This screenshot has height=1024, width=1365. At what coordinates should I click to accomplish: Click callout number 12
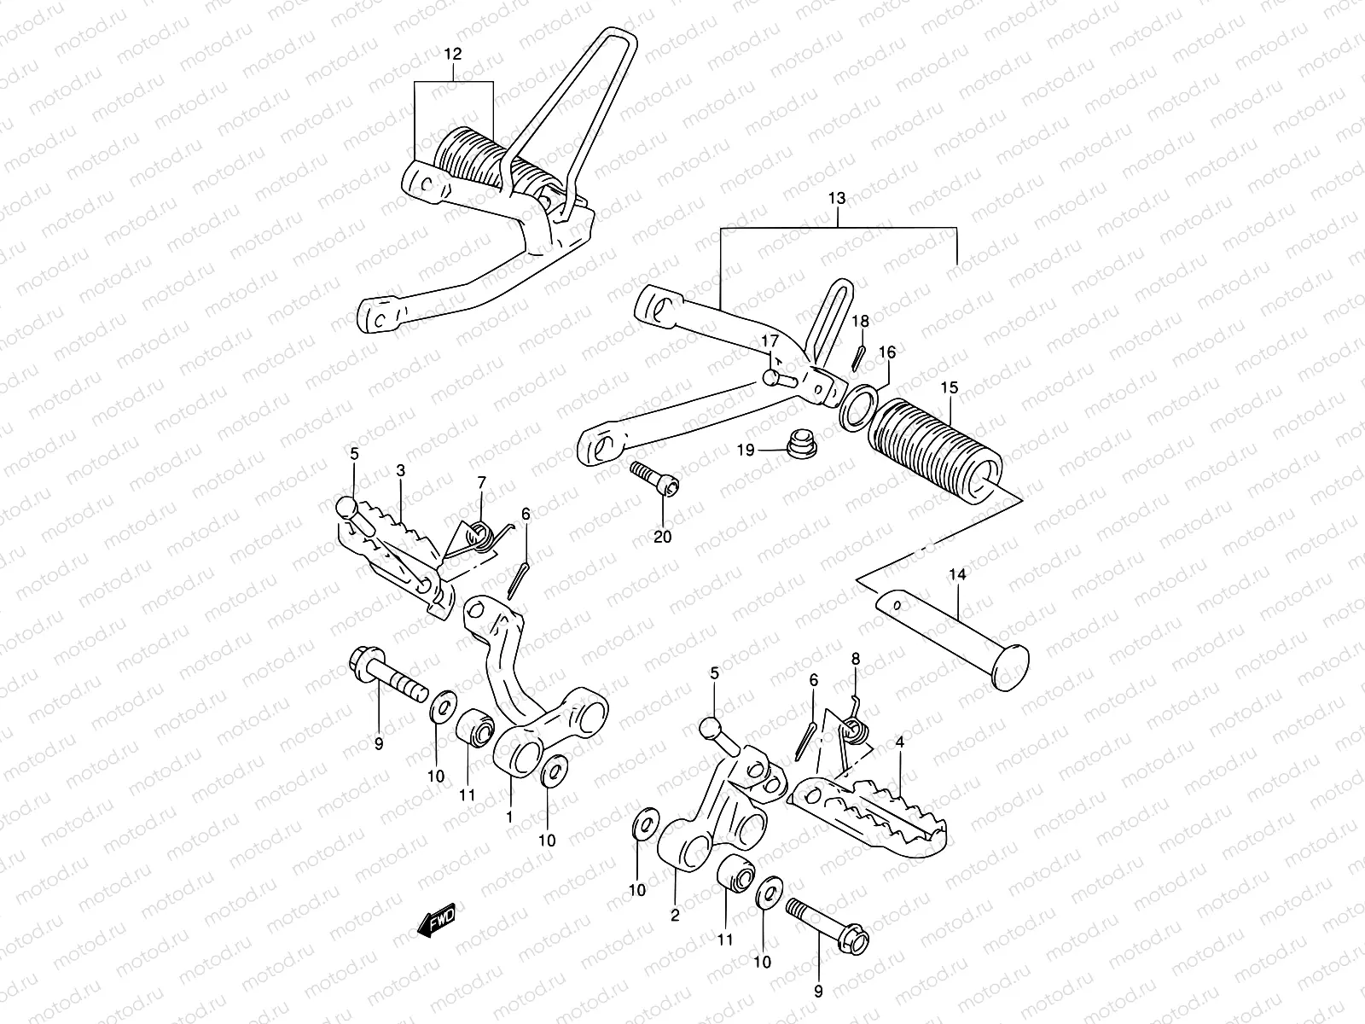pos(453,54)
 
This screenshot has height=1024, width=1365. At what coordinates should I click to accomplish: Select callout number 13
pos(837,198)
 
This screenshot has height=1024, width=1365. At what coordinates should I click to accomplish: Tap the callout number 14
pos(957,575)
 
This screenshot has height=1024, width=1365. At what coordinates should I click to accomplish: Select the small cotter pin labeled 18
pos(860,356)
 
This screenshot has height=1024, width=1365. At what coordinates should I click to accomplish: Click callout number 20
pos(663,537)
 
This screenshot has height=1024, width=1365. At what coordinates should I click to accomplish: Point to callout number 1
pos(509,817)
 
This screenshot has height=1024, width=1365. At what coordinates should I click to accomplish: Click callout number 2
pos(675,916)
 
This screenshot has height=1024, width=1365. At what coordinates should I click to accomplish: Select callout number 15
pos(950,387)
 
